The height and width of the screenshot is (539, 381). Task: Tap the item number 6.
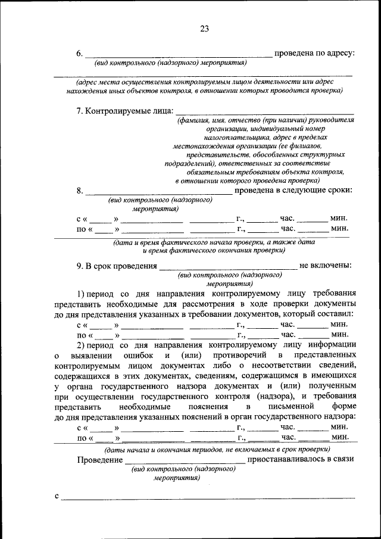pyautogui.click(x=80, y=54)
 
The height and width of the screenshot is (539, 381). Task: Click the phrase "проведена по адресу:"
pyautogui.click(x=314, y=54)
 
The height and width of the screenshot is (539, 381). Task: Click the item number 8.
pyautogui.click(x=80, y=191)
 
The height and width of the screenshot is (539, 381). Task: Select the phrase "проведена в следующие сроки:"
pyautogui.click(x=294, y=191)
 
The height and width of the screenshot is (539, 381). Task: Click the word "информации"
pyautogui.click(x=331, y=344)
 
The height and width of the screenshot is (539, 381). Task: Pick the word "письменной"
pyautogui.click(x=288, y=406)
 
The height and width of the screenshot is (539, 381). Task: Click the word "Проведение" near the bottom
pyautogui.click(x=99, y=460)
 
